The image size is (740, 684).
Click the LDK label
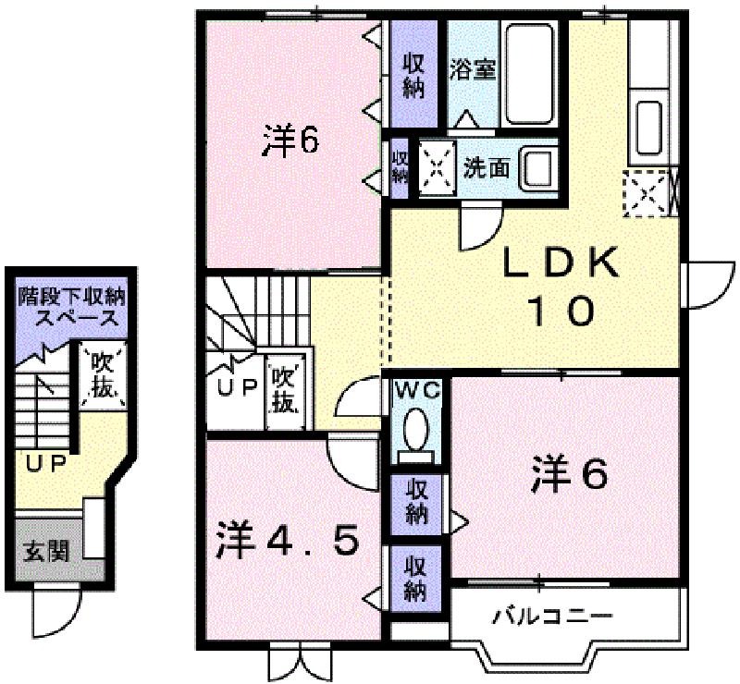[x=561, y=262]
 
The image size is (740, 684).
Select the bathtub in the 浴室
[x=529, y=75]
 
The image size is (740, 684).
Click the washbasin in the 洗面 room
[x=538, y=168]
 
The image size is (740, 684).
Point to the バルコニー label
[x=552, y=616]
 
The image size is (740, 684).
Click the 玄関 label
[x=47, y=550]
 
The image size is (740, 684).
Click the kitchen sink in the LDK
[x=649, y=125]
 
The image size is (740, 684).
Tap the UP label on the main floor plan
[x=237, y=386]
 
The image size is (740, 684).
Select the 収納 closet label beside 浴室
[x=413, y=77]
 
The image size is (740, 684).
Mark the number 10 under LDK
[x=561, y=311]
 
